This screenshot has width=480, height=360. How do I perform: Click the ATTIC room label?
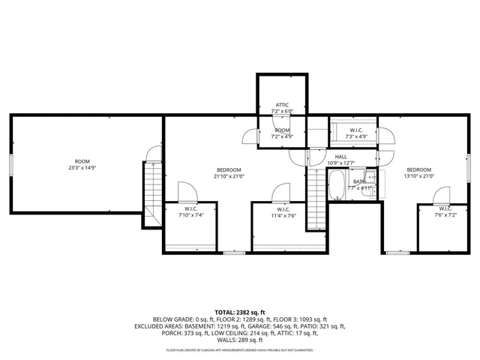tap(282, 105)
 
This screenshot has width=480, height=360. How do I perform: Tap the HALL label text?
tap(340, 157)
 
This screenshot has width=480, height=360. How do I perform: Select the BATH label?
tap(360, 181)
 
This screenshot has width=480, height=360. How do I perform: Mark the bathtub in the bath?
tap(337, 182)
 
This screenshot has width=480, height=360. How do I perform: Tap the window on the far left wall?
tap(10, 164)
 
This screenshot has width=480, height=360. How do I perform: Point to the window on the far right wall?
tap(469, 164)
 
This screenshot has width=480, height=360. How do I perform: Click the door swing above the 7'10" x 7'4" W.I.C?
tap(184, 191)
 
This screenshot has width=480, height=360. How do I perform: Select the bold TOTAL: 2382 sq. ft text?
tap(240, 311)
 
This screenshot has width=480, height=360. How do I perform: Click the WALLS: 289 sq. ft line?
tap(240, 340)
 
